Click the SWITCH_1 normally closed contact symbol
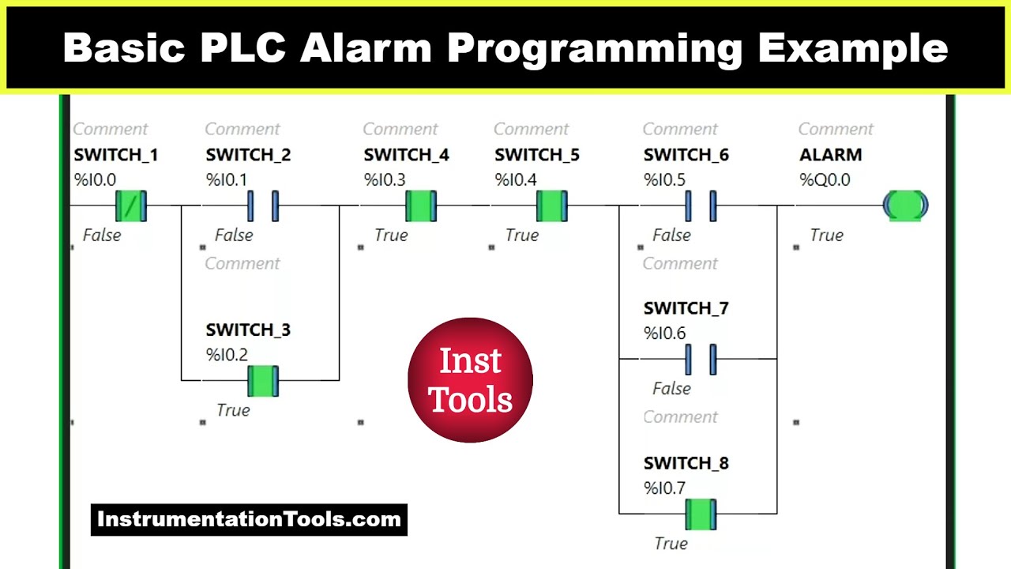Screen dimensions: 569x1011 point(131,205)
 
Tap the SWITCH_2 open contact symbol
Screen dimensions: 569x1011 point(263,205)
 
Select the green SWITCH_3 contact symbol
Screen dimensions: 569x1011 point(263,381)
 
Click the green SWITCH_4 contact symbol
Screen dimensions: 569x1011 point(421,205)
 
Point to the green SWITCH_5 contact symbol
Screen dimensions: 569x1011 point(552,205)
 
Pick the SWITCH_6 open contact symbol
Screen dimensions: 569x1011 point(701,205)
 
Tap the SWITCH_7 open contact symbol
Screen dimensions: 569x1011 point(701,359)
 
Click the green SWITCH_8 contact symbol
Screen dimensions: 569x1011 point(701,514)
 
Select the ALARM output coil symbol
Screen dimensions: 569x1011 point(905,205)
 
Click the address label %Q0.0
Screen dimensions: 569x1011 point(825,180)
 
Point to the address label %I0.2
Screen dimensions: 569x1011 point(227,356)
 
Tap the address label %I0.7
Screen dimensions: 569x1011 point(664,488)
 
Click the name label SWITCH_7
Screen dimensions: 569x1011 point(686,308)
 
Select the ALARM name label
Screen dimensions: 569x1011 point(830,155)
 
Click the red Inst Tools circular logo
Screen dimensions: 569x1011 point(471,380)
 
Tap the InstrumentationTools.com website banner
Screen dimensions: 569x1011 point(249,520)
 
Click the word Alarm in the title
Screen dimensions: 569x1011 point(366,49)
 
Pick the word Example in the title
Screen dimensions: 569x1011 point(853,49)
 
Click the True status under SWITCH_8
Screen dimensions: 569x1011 point(671,544)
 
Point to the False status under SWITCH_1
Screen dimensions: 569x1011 point(102,236)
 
